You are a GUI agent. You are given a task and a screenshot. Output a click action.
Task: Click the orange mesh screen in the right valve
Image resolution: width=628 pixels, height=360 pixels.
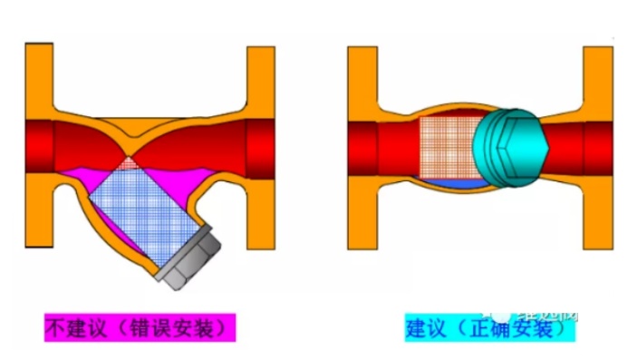click(x=449, y=146)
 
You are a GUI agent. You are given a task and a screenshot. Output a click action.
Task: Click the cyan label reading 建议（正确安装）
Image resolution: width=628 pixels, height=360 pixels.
click(x=489, y=327)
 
